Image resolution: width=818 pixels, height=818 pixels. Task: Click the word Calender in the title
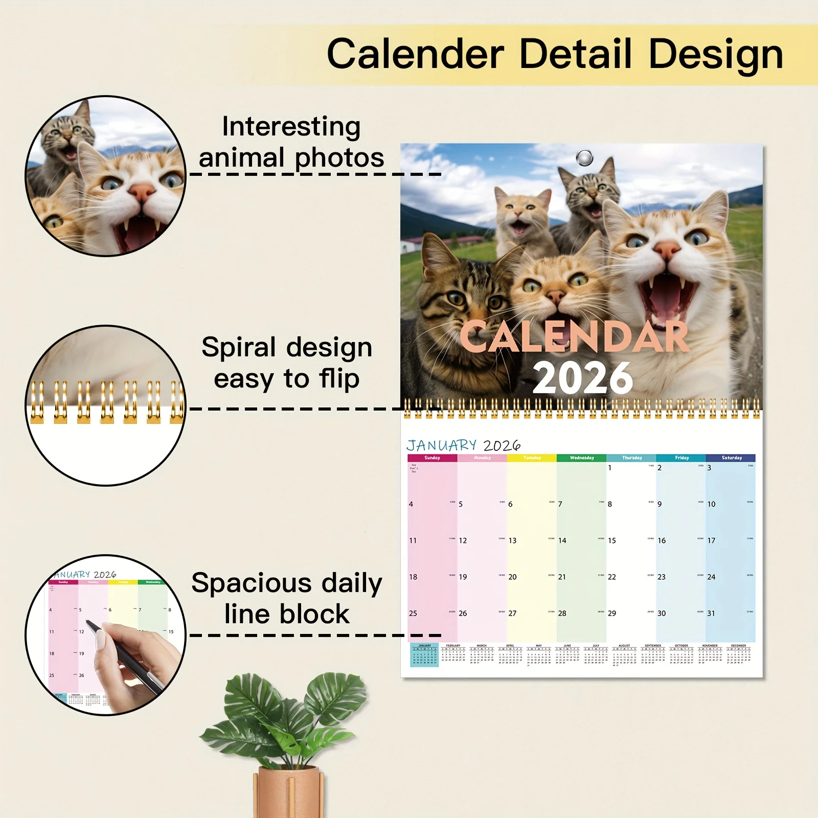pos(415,54)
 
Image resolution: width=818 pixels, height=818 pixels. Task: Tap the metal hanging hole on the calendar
pos(584,157)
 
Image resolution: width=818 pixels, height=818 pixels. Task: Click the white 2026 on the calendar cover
pos(582,378)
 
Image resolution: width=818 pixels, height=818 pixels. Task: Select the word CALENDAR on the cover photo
pos(575,337)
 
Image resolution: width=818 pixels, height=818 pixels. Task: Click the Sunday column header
pos(432,458)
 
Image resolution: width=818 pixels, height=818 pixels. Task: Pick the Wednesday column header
pos(582,458)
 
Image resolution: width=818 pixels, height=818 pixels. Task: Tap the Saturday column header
pos(732,458)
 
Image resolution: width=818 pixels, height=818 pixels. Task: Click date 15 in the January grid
pos(612,540)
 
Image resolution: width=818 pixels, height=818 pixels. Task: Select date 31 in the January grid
pos(711,613)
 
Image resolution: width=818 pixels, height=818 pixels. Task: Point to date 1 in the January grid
pos(609,468)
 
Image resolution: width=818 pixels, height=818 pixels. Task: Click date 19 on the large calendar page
pos(463,577)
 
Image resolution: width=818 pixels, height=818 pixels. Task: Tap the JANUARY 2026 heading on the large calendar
pos(463,445)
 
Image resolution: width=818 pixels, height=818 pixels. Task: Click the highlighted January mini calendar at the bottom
pos(424,655)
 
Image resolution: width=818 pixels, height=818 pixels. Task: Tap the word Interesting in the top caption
pos(291,127)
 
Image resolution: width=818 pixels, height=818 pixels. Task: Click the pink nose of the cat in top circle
pos(142,193)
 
